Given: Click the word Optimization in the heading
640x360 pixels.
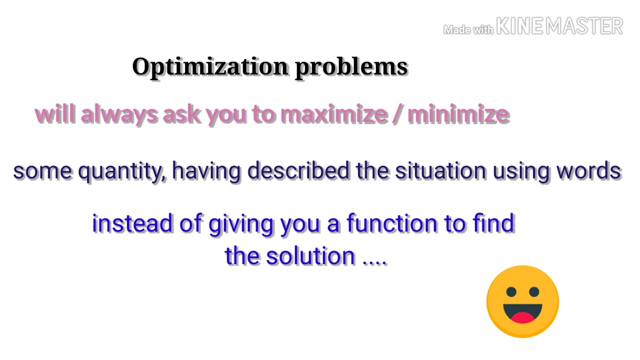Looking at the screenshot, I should click(210, 67).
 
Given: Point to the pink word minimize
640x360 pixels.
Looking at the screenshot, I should click(458, 114).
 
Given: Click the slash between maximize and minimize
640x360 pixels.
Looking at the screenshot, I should click(397, 114).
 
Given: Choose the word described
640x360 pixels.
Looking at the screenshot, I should click(298, 171).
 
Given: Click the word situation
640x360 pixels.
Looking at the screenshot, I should click(440, 171).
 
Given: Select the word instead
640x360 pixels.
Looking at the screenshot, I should click(132, 223).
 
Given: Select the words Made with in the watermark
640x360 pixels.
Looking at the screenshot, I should click(468, 30).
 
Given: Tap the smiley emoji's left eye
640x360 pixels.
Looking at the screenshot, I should click(511, 291).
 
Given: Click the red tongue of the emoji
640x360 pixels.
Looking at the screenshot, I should click(522, 317).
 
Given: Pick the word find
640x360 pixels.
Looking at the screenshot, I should click(493, 223).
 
